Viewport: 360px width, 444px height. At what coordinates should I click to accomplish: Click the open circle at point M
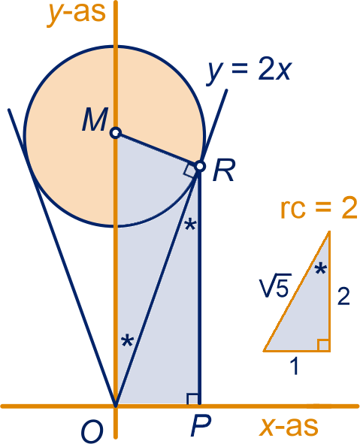tap(116, 132)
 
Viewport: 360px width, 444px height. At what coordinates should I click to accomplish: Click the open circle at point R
tap(200, 166)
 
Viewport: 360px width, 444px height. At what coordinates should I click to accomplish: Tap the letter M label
tap(95, 119)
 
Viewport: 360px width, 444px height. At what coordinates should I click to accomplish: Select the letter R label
tap(224, 171)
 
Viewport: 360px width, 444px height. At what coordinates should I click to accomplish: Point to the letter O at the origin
tap(92, 432)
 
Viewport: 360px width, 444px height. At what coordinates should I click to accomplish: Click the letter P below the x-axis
tap(201, 426)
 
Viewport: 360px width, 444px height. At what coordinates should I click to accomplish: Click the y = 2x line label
tap(249, 71)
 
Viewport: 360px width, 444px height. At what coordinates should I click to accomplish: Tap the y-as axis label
tap(76, 13)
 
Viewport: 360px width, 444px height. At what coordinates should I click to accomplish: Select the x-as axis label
tap(289, 426)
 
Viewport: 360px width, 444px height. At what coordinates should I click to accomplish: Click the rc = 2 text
tap(319, 209)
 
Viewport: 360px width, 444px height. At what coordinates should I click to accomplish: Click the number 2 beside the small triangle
tap(343, 295)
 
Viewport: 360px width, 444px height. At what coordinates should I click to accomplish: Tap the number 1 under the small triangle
tap(295, 366)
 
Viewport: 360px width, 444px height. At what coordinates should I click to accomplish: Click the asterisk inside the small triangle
tap(321, 268)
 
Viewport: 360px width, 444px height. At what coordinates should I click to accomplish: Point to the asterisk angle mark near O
tap(127, 340)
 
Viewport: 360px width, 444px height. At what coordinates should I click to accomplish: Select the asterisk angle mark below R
tap(190, 225)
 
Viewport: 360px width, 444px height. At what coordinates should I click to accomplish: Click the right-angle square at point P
tap(192, 399)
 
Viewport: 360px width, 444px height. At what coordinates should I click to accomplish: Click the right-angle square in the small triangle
tap(323, 345)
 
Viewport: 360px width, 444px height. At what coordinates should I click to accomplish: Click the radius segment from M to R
tap(158, 150)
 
